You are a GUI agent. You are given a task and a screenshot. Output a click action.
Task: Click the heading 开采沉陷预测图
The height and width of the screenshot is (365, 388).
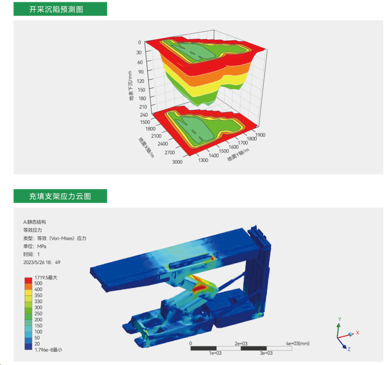point(56,9)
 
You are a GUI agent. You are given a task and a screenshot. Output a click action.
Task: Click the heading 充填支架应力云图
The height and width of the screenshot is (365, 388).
point(60,196)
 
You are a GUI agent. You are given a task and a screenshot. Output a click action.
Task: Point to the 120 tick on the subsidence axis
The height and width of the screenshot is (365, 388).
point(140,81)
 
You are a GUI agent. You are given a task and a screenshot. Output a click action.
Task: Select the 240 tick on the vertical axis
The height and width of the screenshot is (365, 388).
point(144,115)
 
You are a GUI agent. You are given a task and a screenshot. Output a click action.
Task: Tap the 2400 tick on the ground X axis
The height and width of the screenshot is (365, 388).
point(163,144)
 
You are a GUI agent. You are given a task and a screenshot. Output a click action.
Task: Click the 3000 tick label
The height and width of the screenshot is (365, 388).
point(177,162)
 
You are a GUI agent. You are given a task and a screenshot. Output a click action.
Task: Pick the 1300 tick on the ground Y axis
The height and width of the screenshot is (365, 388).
point(203,160)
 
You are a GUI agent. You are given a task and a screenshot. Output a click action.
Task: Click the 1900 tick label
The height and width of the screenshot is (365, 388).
point(260,135)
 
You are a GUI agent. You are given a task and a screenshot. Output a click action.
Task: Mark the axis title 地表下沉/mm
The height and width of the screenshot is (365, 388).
point(131,86)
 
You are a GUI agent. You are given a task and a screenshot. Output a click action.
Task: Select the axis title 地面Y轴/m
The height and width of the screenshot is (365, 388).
point(238,155)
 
